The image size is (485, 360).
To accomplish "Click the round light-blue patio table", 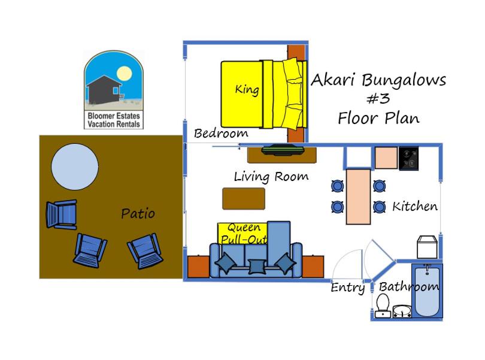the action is (x=75, y=167).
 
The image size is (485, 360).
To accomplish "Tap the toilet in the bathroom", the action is (x=383, y=306).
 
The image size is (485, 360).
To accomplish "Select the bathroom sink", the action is (x=402, y=311).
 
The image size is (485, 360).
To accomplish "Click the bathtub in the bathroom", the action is (x=427, y=291).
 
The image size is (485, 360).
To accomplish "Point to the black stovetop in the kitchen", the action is (x=408, y=158).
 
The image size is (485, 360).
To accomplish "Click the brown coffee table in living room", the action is (x=244, y=198).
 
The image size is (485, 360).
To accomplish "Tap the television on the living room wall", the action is (x=283, y=150).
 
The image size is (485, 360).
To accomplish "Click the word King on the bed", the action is (x=247, y=89).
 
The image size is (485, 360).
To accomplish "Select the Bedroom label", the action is (x=221, y=134).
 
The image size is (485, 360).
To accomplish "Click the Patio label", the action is (x=138, y=214).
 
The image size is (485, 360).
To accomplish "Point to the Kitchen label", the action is (x=415, y=206).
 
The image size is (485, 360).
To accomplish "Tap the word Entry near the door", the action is (x=348, y=288).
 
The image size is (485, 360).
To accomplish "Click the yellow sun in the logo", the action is (x=125, y=74).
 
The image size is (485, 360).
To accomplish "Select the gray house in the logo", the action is (x=104, y=90).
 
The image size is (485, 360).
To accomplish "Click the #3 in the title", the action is (x=378, y=98).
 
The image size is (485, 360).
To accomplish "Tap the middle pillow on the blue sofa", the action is (x=257, y=267).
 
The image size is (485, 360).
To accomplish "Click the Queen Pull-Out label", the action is (x=244, y=234).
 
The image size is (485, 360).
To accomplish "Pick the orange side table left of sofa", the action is (x=199, y=266).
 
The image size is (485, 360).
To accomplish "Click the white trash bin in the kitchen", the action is (x=427, y=247).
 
